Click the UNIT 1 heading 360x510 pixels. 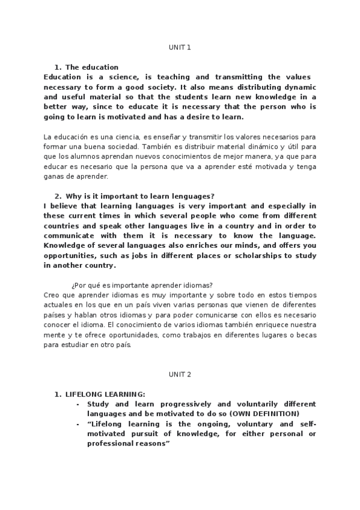coord(180,46)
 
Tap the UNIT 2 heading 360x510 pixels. coord(180,374)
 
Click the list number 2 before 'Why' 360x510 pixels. coord(57,196)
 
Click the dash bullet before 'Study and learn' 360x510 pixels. coord(78,404)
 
